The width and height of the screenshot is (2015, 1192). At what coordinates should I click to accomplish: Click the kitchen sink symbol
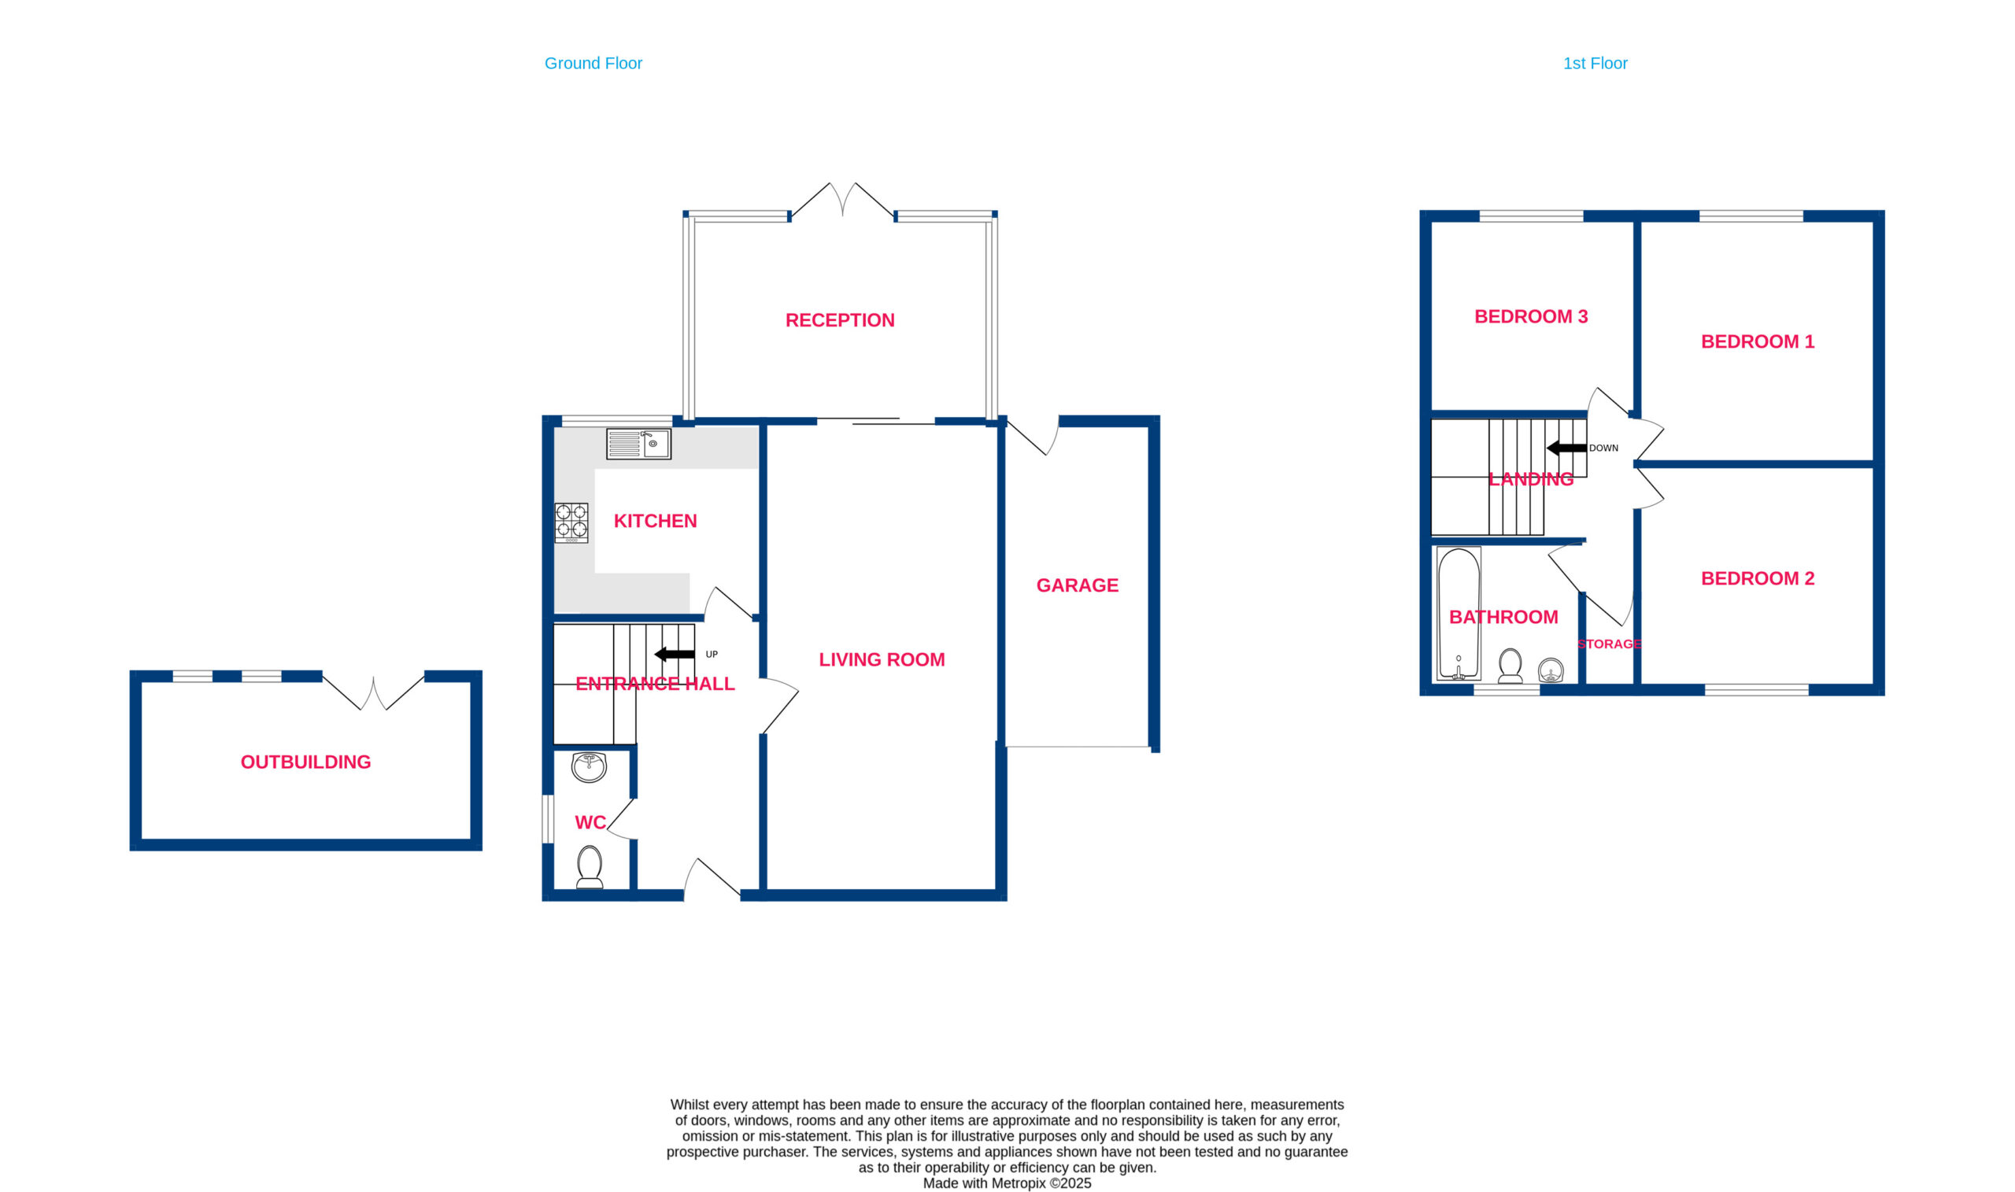[638, 445]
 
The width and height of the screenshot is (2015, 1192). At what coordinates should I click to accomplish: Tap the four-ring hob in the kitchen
[571, 523]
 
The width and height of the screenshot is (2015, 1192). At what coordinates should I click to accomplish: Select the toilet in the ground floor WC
[590, 867]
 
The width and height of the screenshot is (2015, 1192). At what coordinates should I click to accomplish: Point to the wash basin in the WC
[589, 767]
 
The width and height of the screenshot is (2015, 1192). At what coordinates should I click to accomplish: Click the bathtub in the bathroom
[1459, 614]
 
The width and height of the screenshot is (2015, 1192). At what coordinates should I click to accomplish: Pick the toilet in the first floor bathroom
[1510, 666]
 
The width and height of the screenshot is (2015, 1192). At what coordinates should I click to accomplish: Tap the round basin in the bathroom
[1551, 670]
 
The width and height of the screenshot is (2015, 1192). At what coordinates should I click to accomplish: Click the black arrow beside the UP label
[675, 655]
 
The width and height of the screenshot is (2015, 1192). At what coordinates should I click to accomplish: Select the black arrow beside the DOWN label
[1566, 448]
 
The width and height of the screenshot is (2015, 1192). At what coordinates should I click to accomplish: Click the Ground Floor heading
[593, 64]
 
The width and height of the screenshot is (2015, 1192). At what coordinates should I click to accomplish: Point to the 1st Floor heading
[1595, 64]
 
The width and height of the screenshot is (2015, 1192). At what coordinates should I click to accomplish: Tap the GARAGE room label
[1078, 585]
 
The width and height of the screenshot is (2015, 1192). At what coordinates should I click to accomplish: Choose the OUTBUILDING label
[306, 762]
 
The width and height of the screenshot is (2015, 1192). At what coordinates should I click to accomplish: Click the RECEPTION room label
[840, 320]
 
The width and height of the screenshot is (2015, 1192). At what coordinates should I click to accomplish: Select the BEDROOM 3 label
[1532, 316]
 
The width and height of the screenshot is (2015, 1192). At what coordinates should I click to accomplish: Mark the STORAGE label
[1610, 644]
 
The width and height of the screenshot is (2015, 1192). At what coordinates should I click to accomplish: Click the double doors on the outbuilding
[374, 692]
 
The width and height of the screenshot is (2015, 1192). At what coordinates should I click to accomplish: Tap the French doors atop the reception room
[843, 200]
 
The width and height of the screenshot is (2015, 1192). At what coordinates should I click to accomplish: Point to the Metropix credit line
[1007, 1183]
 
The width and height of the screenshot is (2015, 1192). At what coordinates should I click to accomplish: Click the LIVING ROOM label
[882, 660]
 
